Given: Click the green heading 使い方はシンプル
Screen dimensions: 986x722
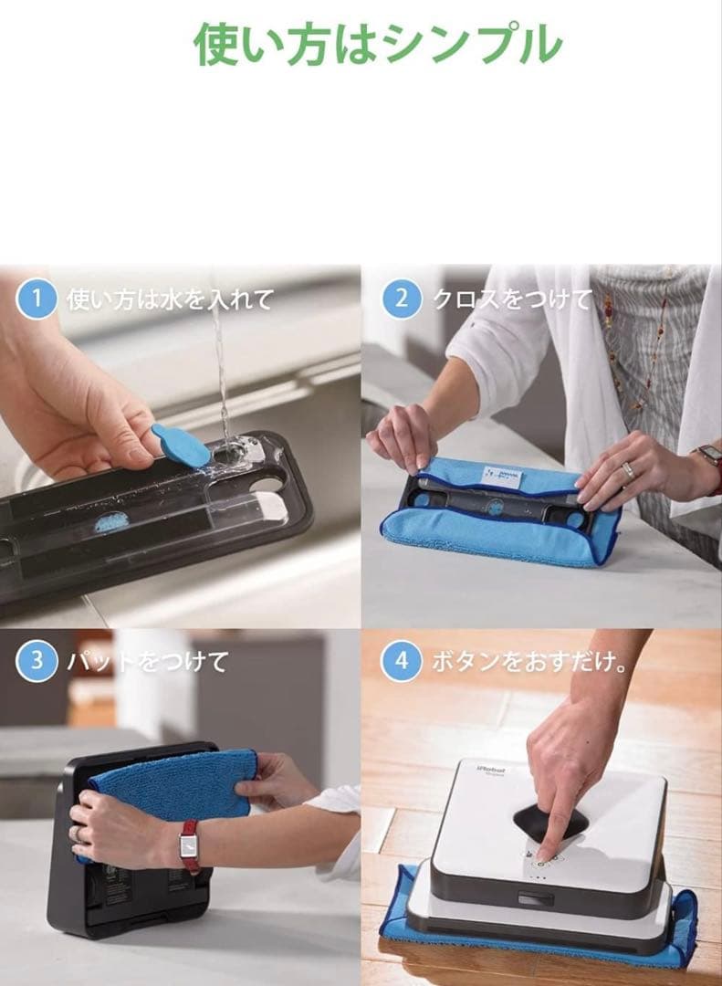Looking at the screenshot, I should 378,42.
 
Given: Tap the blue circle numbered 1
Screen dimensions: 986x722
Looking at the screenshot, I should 37,299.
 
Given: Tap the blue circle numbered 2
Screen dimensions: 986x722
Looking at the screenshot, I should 401,299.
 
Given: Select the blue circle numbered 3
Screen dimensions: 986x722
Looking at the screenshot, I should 37,661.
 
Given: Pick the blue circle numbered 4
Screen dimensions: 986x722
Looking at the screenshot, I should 401,661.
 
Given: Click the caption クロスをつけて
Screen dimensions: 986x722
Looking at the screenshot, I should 511,299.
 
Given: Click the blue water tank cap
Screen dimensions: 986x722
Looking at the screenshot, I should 180,445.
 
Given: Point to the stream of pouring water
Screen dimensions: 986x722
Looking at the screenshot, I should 220,365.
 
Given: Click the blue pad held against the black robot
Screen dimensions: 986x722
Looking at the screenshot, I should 173,783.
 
